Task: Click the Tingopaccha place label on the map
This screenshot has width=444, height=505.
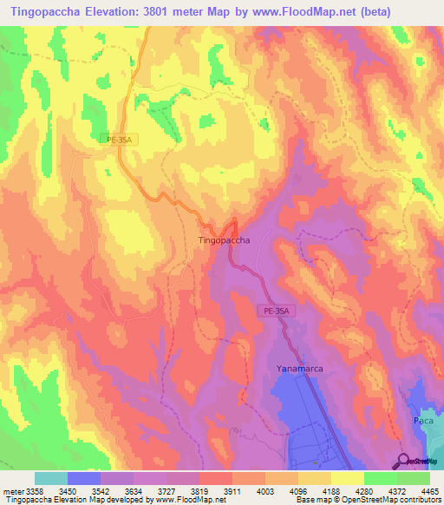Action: (225, 239)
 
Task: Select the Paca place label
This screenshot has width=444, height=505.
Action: (422, 420)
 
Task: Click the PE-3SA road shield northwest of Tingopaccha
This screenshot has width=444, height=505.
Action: (119, 138)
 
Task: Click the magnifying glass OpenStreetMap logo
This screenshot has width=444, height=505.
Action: (405, 460)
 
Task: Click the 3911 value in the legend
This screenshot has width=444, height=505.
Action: (231, 490)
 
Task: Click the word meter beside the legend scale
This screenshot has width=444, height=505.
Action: (11, 490)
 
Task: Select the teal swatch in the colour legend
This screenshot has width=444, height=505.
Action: (50, 478)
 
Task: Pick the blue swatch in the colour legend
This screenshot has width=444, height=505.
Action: (83, 478)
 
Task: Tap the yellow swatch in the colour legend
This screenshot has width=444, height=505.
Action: (347, 478)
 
